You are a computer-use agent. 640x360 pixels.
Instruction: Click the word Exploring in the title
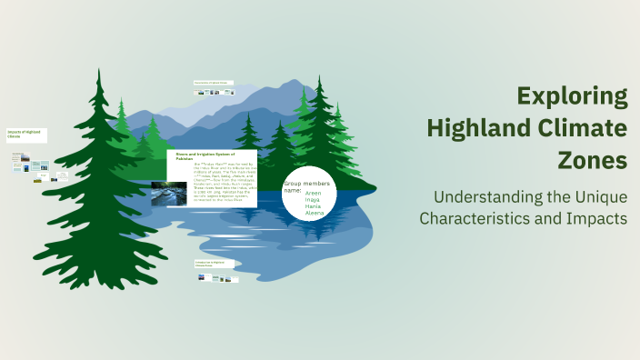coord(572,96)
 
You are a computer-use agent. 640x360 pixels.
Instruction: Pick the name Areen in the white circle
coord(314,194)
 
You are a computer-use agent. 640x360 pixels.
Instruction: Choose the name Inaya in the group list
coord(313,200)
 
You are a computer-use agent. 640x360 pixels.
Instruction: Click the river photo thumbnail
coord(170,193)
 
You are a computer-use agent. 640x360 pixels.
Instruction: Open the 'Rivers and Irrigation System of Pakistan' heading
coord(198,155)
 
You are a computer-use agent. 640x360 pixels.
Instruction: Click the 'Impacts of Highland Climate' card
coord(25,134)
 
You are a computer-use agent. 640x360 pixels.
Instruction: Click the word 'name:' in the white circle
coord(292,191)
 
